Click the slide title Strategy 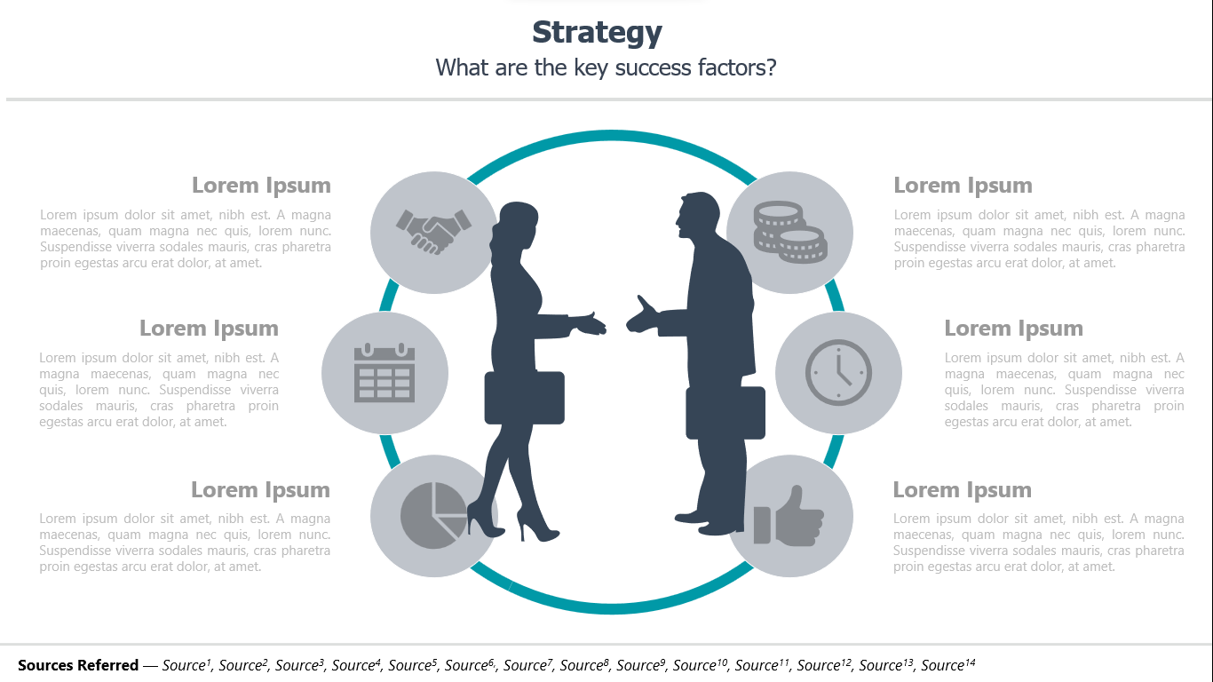(597, 33)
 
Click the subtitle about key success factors (606, 67)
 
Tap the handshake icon (433, 232)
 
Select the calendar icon (385, 373)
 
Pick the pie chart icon (433, 515)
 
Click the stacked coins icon (790, 233)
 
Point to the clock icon (838, 373)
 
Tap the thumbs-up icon (789, 515)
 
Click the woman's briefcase (524, 398)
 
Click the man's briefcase (725, 412)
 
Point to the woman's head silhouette (517, 223)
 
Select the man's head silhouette (698, 215)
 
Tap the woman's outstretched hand (589, 324)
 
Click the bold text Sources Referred (78, 665)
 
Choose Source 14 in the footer (948, 664)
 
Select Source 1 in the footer (186, 664)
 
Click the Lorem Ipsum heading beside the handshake (261, 186)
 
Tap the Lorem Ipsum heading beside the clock (1014, 329)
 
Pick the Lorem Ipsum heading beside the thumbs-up (963, 489)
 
